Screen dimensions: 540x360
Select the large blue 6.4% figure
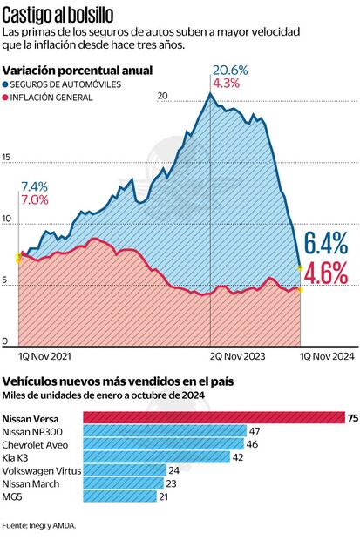[x=326, y=244]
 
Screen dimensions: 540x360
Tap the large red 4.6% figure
[x=326, y=273]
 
